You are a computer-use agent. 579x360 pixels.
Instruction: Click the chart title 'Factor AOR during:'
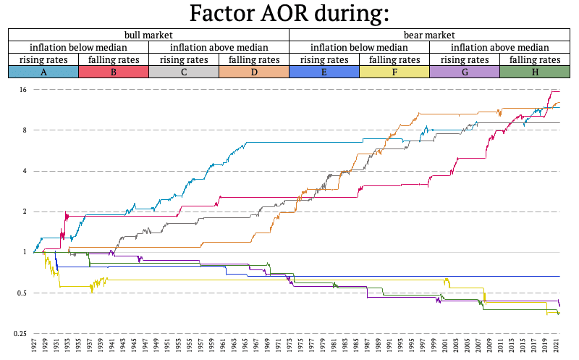click(289, 13)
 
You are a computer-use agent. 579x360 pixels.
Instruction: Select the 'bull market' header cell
click(148, 35)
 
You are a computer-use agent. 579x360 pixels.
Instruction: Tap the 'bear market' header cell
click(429, 35)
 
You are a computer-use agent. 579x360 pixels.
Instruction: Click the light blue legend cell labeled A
click(43, 72)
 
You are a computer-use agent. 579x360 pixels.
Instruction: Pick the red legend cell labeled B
click(114, 72)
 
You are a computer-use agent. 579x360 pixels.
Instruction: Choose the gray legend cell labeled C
click(184, 72)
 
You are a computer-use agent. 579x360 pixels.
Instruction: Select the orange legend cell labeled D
click(254, 72)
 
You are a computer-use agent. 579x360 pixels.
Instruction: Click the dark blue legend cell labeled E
click(324, 72)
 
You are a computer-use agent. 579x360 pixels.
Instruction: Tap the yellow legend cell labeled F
click(394, 72)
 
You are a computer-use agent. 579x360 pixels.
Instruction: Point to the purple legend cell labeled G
click(465, 72)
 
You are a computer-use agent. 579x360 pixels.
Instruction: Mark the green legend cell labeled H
click(535, 72)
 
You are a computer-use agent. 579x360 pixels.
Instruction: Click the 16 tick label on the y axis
click(23, 89)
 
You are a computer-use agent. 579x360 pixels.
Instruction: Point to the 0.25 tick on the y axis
click(20, 333)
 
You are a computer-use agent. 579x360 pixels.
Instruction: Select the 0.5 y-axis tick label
click(22, 293)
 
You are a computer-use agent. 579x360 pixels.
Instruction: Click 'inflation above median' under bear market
click(499, 47)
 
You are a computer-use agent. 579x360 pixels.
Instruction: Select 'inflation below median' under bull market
click(78, 47)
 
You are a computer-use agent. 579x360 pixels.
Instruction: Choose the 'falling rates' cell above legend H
click(535, 59)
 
